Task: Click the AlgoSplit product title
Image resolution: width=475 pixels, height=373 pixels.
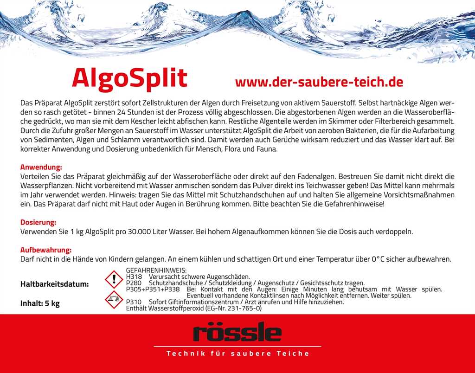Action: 129,78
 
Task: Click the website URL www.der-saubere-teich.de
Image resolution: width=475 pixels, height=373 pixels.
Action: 319,82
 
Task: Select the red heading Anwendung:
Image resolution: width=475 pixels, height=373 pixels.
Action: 41,167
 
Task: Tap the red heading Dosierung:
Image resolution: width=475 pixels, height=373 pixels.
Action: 38,222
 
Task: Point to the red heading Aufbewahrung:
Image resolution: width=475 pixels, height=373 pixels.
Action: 45,250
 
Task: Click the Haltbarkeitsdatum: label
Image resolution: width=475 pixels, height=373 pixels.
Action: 54,284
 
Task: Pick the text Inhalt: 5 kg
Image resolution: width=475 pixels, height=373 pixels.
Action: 40,304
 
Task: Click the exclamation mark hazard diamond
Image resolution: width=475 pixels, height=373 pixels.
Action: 112,280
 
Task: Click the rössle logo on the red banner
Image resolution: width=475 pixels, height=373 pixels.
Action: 237,333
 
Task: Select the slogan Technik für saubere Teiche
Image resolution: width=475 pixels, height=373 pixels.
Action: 237,354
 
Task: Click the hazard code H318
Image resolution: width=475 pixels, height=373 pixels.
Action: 134,277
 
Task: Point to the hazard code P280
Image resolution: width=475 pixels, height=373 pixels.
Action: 134,283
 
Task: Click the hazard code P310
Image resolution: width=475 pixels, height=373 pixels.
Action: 134,302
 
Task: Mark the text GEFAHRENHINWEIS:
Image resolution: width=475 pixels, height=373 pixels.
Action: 156,270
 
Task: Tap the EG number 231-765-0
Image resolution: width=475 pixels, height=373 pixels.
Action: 243,308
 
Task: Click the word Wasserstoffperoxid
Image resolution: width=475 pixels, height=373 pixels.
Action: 174,308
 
